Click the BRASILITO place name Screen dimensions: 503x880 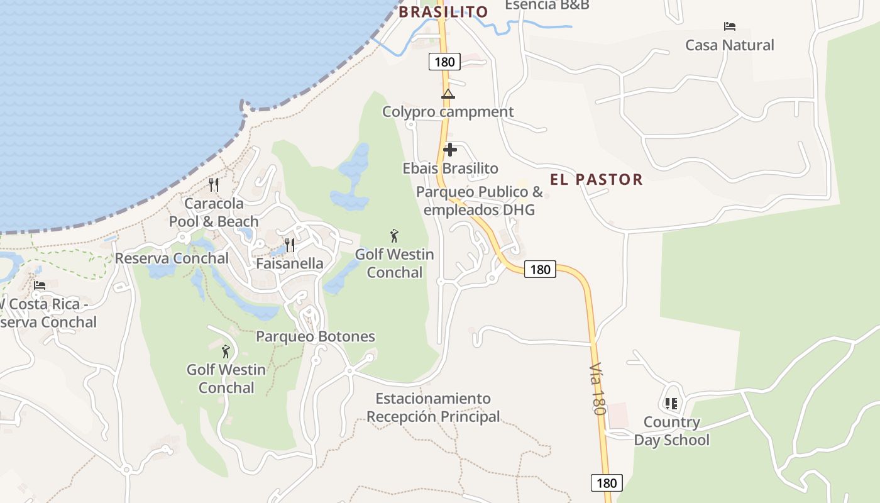443,12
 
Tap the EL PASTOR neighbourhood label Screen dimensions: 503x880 596,180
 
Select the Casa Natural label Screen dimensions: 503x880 729,45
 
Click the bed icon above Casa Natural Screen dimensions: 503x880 729,26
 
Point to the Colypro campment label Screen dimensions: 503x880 448,112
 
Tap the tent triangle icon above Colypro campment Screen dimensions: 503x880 448,94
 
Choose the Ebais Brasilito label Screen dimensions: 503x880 450,169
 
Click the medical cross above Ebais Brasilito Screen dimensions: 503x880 450,150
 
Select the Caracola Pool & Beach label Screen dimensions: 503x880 214,213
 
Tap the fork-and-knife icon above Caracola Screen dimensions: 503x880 214,185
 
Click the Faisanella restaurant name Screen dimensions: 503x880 289,263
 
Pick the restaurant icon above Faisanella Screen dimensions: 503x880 289,245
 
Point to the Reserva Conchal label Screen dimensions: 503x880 172,258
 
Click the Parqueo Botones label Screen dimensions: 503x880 315,336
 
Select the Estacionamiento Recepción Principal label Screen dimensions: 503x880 433,407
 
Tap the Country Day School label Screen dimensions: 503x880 671,431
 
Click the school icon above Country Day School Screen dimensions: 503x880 671,403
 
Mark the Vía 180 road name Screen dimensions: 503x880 597,388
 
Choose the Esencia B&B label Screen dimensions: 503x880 547,5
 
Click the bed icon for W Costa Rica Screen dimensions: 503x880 40,285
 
